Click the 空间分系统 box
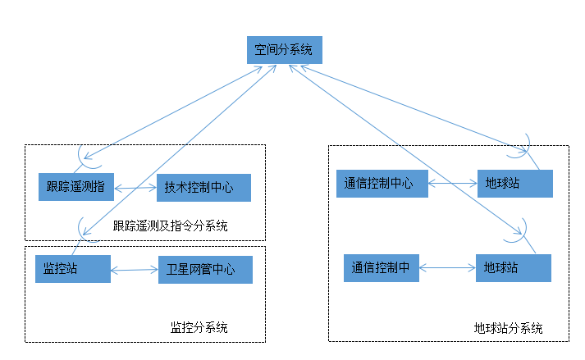(285, 50)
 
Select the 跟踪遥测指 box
(76, 186)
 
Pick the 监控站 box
(72, 269)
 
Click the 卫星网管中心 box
(205, 270)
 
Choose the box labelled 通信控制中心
(382, 183)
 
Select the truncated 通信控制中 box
(381, 267)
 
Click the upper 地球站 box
(514, 184)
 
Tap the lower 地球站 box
(513, 267)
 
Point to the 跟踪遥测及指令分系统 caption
(170, 226)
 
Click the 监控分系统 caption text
(199, 327)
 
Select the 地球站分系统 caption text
(508, 328)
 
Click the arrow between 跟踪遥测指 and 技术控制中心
(135, 188)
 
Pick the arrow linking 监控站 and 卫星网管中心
(134, 269)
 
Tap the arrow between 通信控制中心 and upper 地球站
(452, 183)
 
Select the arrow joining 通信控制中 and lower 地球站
(447, 267)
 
